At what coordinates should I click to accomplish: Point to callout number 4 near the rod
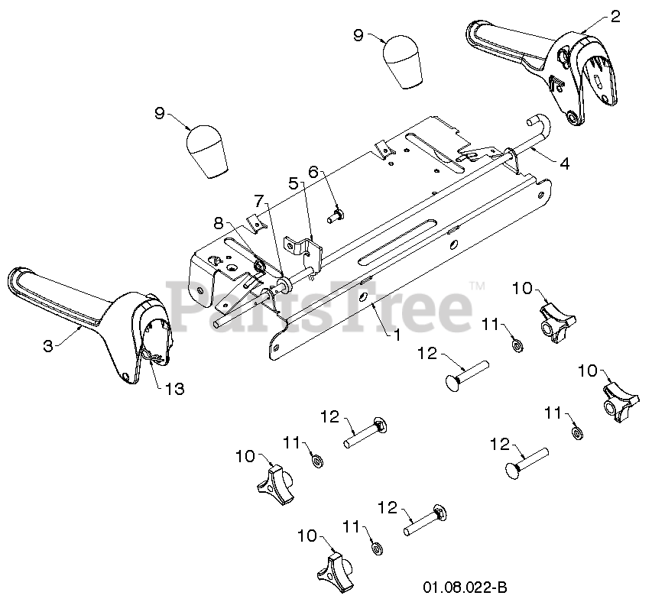coord(563,163)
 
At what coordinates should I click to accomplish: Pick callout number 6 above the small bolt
coord(313,173)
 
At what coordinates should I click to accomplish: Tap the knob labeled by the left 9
coord(207,151)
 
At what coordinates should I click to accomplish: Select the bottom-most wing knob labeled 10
coord(334,571)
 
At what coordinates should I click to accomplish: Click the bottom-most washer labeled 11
coord(375,549)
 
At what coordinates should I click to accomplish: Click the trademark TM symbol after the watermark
coord(476,286)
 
